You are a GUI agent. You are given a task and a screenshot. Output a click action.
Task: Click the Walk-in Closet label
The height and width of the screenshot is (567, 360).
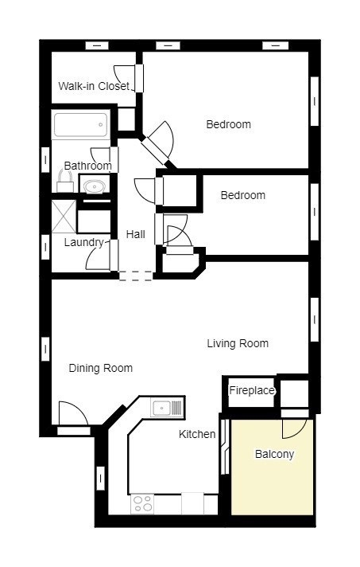[x=94, y=86]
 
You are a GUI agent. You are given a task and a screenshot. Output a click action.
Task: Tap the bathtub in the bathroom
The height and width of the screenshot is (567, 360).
[x=81, y=124]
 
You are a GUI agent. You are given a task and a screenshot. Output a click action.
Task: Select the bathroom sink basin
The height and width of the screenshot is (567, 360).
[x=94, y=186]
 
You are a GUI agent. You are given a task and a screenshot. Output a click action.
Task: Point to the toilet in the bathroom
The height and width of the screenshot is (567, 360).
[x=65, y=182]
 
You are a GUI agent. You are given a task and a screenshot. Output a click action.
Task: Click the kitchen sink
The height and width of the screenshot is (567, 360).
[x=161, y=409]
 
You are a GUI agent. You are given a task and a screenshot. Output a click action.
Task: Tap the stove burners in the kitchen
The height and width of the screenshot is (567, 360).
[x=142, y=504]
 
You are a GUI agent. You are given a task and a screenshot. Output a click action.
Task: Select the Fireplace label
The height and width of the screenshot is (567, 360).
[x=252, y=390]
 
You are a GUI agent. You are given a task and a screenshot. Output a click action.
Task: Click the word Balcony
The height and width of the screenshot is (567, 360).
[x=274, y=454]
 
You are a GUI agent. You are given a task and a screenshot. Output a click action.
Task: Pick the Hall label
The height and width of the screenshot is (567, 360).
[x=136, y=234]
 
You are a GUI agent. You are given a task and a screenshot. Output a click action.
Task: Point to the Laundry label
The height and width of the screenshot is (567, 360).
[x=83, y=242]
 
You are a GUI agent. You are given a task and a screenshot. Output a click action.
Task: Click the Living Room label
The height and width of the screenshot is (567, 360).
[x=238, y=343]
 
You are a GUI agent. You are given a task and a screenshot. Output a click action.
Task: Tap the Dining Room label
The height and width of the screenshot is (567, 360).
[x=101, y=368]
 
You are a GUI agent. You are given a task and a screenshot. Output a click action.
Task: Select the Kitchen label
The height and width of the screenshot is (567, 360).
[x=197, y=434]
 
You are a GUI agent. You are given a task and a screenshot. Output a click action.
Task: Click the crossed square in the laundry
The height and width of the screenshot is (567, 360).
[x=64, y=217]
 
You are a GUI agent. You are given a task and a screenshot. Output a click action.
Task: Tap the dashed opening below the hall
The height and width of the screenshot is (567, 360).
[x=136, y=276]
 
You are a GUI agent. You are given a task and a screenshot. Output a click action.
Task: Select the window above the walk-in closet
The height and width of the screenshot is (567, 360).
[x=97, y=46]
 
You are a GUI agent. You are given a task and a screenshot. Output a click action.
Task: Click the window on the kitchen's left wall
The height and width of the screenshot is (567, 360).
[x=101, y=478]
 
